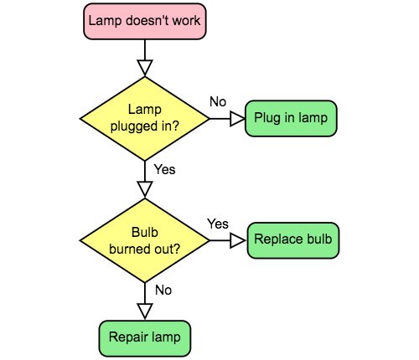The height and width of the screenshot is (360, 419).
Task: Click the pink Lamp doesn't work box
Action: pos(144,21)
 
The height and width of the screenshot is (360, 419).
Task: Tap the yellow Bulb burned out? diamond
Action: pos(144,240)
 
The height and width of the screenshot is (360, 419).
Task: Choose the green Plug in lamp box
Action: pos(291,118)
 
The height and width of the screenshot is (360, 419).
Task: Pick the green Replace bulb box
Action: pos(293,240)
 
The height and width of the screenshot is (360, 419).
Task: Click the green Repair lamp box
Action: pos(145,338)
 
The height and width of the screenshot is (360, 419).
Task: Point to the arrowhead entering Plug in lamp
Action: pos(237,119)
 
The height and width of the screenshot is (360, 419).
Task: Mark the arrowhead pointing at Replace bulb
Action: pos(237,240)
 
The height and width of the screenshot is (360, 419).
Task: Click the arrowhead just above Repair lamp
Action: pos(145,311)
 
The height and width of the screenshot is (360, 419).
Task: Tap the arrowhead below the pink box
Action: pos(145,66)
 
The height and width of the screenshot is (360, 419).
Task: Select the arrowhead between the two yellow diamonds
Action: pos(145,188)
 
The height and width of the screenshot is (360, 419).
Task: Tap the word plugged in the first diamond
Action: pos(132,126)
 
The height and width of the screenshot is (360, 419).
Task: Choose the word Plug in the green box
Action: pos(266,118)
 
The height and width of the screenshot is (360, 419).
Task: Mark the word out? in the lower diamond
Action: pos(166,249)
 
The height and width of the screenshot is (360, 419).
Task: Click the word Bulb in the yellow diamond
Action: pos(145,233)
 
